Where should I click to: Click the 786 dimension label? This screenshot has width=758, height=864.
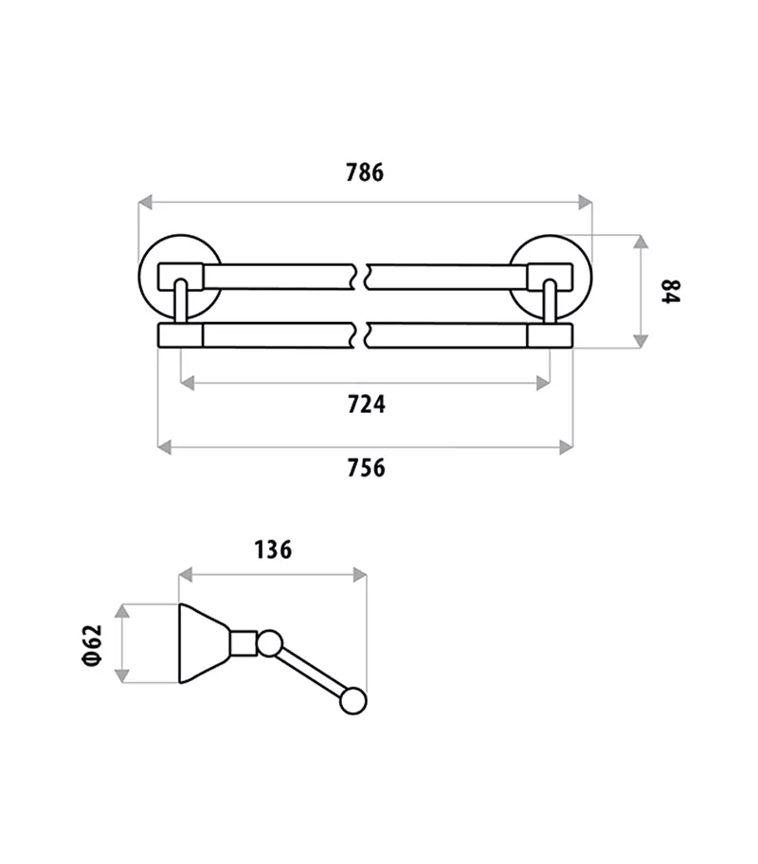(x=365, y=172)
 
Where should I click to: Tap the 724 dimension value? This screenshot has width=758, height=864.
(x=366, y=405)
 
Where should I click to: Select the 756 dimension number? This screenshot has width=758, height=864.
(x=366, y=468)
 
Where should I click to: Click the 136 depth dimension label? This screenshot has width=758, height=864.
(x=273, y=549)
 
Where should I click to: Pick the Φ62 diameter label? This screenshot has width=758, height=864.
(x=93, y=645)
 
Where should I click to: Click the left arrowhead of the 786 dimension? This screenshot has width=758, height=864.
(x=145, y=202)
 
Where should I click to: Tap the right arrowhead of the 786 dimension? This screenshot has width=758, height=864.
(x=585, y=202)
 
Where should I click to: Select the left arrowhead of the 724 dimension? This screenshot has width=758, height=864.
(x=188, y=383)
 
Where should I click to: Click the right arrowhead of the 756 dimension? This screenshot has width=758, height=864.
(x=567, y=447)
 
